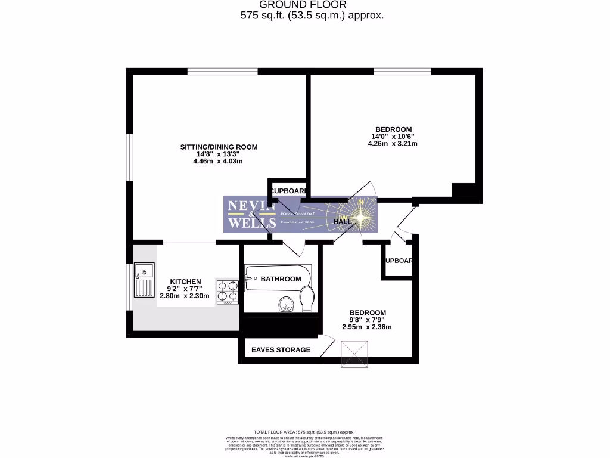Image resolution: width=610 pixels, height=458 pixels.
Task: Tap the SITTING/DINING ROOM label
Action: coord(219,147)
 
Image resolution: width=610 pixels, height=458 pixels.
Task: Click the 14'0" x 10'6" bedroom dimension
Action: coord(393,136)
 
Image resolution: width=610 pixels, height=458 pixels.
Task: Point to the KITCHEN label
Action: coord(186,281)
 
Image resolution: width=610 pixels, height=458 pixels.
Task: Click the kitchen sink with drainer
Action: coord(144,280)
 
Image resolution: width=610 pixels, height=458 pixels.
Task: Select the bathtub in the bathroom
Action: coord(277,278)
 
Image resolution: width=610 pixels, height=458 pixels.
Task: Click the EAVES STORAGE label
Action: coord(281,349)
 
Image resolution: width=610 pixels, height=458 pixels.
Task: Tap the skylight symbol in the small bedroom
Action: coord(355,353)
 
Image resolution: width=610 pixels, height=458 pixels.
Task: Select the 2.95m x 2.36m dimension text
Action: coord(367,327)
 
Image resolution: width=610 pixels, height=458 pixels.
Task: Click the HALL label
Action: coord(343,221)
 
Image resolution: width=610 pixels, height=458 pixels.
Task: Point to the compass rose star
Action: coord(360,218)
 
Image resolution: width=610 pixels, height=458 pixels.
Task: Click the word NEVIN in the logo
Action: coord(250,206)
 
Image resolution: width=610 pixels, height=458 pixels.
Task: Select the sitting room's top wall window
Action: coord(222,72)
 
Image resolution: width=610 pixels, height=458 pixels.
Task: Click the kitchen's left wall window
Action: coord(129,286)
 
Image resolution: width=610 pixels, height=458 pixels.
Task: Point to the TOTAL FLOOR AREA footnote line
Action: coord(304,432)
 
